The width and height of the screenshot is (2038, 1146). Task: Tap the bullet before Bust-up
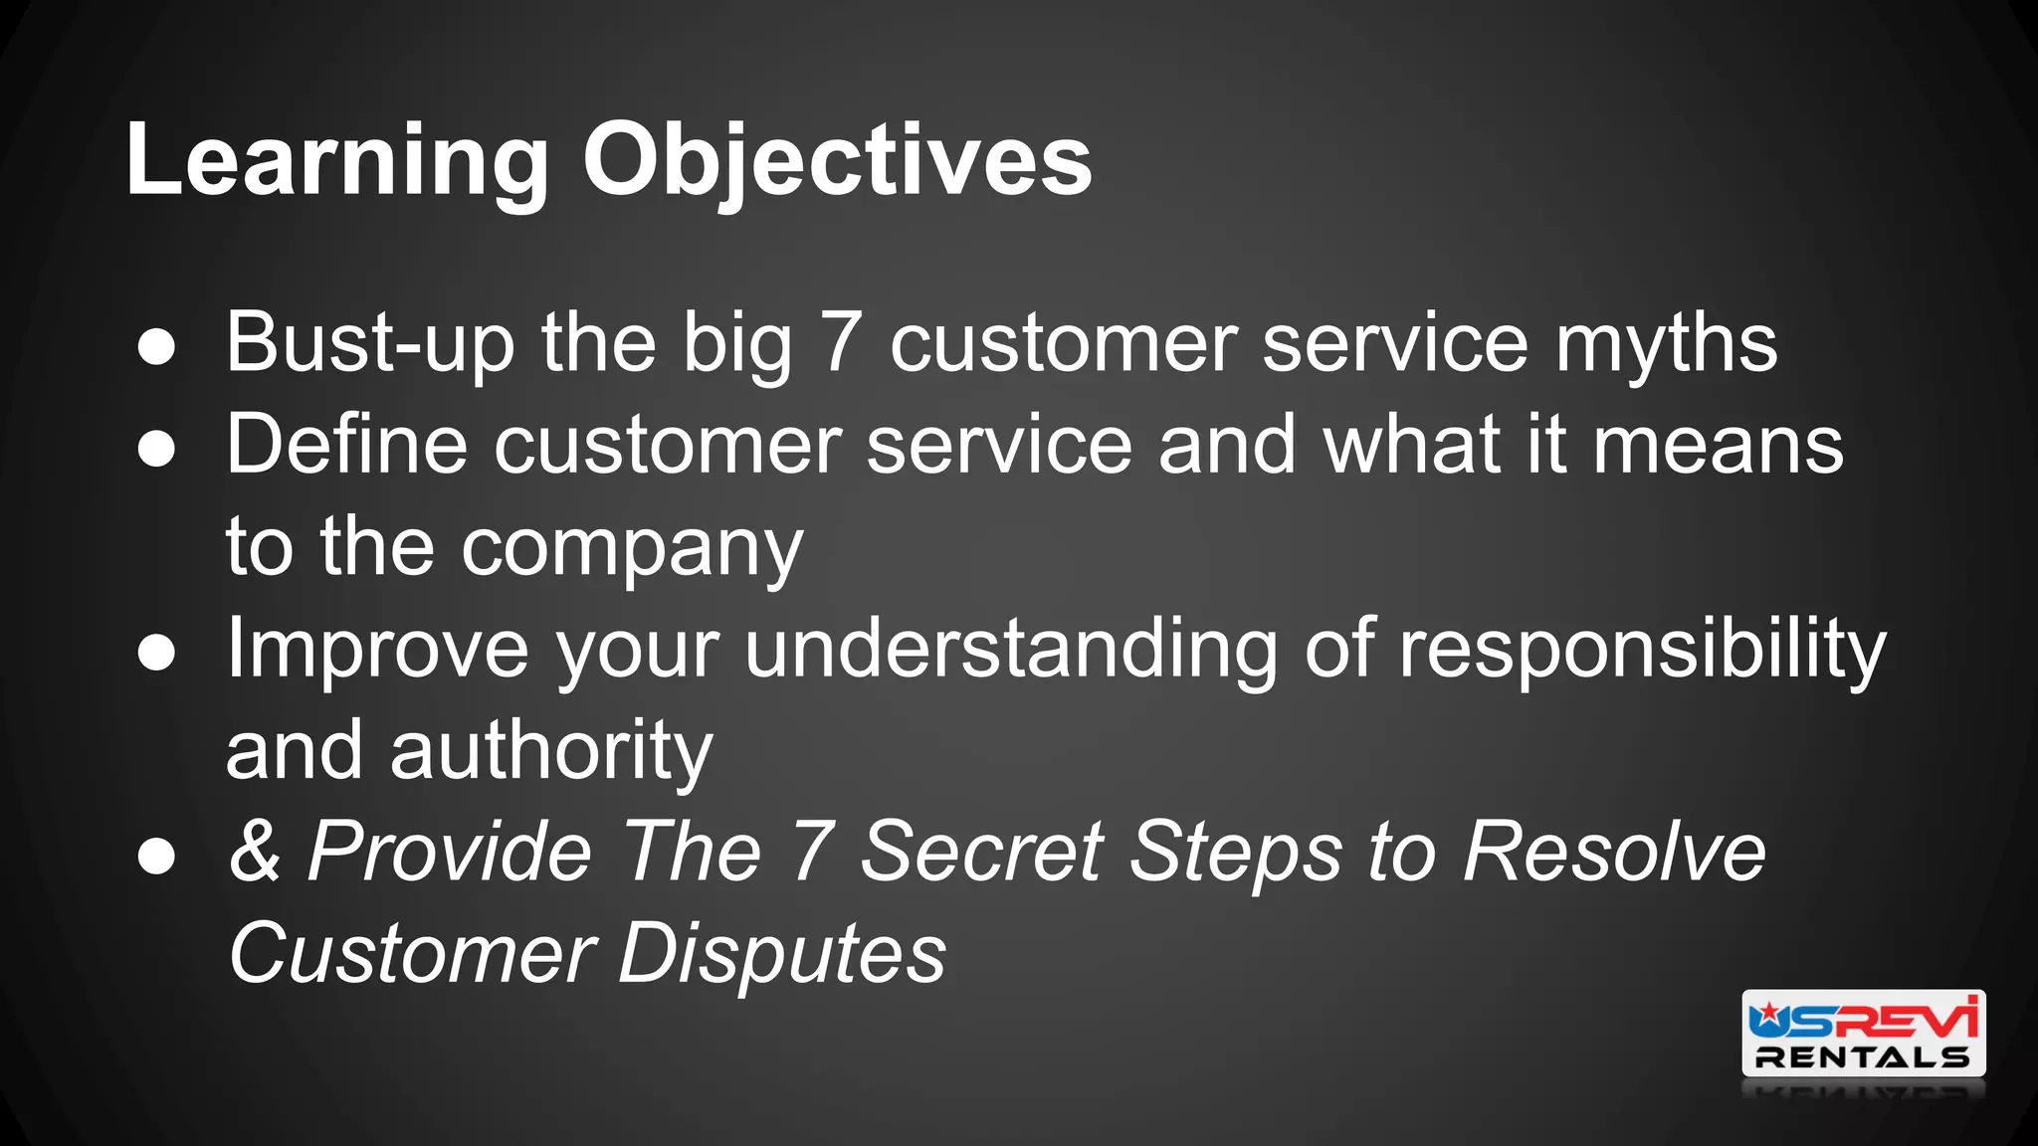coord(156,347)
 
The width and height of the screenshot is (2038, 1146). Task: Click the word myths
coord(1666,343)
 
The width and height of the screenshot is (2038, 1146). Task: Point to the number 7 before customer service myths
coord(840,343)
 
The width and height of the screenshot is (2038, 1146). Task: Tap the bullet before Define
coord(156,449)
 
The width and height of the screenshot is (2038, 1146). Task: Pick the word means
coord(1718,445)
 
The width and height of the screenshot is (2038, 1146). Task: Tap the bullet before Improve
coord(156,653)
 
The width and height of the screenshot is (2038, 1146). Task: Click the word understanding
coord(1010,649)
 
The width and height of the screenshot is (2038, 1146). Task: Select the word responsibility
coord(1642,649)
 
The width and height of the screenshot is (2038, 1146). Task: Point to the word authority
coord(551,750)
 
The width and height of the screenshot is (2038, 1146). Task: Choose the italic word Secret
coord(981,852)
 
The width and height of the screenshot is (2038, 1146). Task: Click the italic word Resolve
coord(1614,852)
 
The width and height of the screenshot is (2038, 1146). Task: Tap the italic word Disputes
coord(782,953)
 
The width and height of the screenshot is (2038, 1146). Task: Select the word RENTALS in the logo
coord(1862,1057)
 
